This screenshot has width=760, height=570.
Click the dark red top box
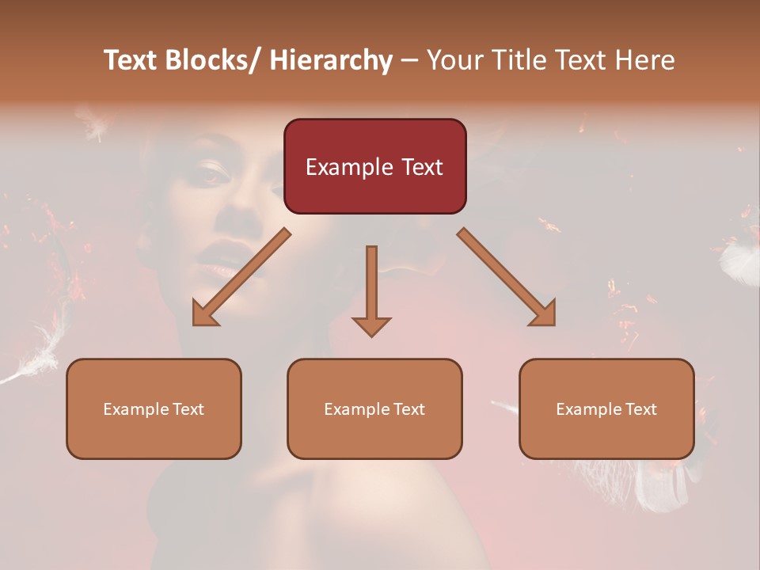(374, 166)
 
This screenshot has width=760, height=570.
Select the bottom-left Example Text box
(154, 408)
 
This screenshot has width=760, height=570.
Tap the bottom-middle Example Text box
(374, 408)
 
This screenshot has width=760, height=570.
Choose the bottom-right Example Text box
(606, 408)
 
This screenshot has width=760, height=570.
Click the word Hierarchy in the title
(331, 60)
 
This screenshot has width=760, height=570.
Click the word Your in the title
(453, 60)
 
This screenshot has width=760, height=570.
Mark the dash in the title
(409, 61)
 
